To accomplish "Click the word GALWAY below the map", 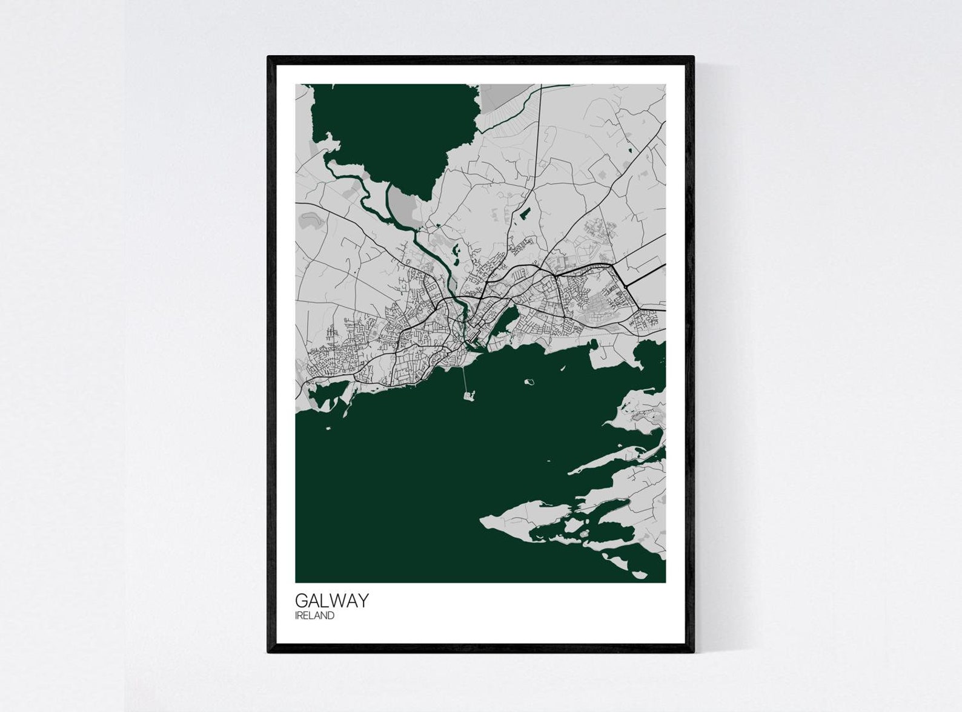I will coord(331,601).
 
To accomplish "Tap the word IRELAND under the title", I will coord(314,616).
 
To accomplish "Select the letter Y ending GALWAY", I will coord(362,601).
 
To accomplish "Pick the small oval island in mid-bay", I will coord(530,382).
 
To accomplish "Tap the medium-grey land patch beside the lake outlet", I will coord(402,202).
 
